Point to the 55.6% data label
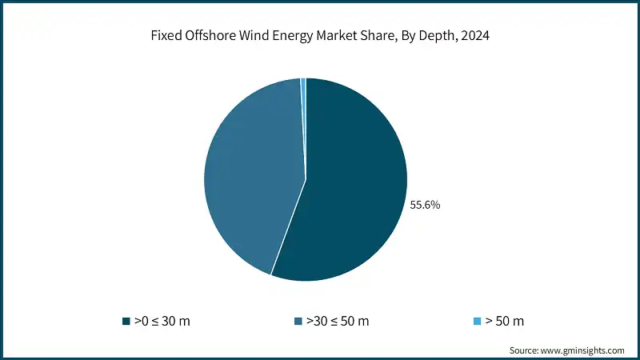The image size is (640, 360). [x=425, y=205]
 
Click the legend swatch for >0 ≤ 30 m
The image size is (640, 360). [x=126, y=322]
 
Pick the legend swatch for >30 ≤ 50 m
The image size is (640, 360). [x=299, y=322]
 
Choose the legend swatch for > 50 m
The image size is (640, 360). [x=478, y=322]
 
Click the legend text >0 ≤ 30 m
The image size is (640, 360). [x=162, y=321]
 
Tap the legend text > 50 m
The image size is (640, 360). [x=506, y=321]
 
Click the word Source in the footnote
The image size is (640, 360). [x=525, y=350]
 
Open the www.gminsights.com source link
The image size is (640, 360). [x=584, y=350]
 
